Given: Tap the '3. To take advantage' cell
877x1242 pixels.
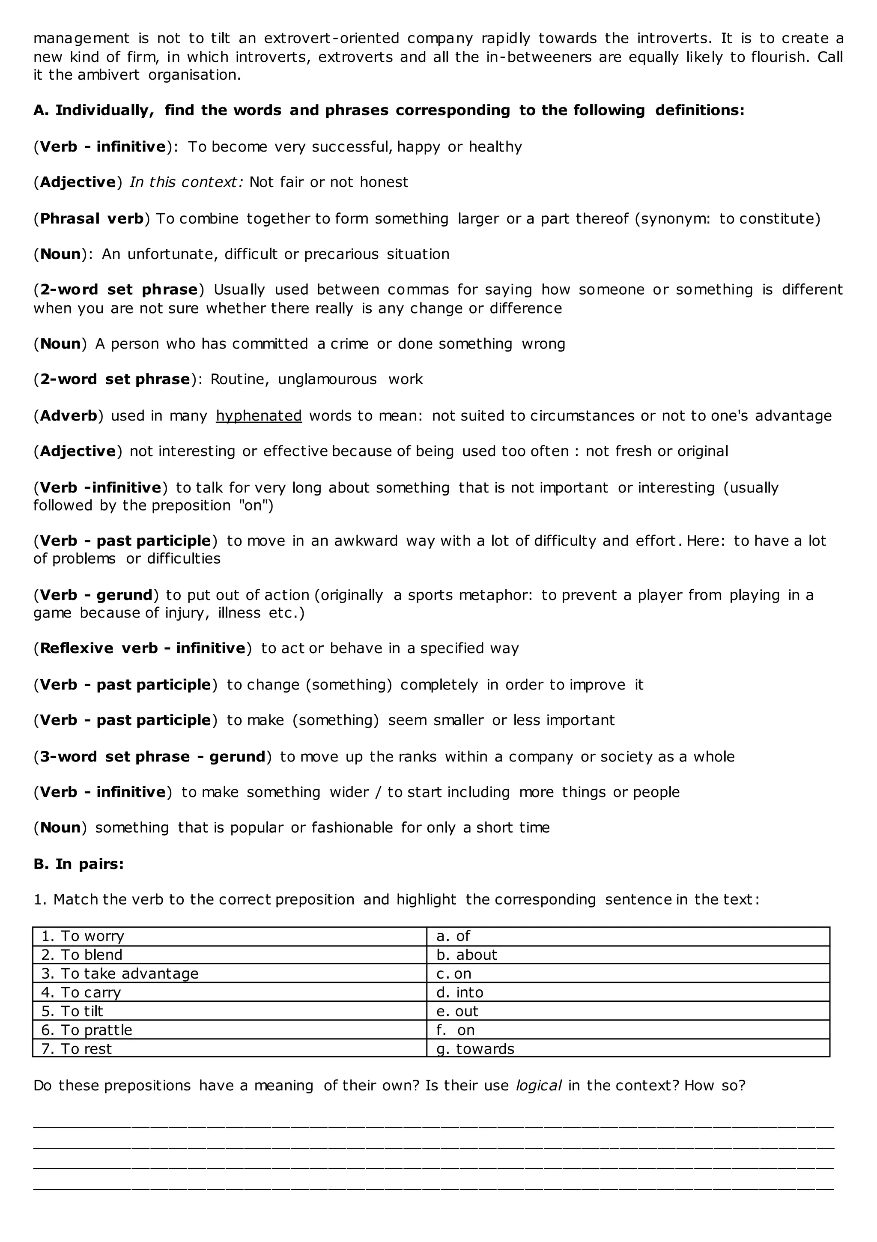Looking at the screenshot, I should click(119, 974).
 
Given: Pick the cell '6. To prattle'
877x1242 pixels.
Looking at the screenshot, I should click(87, 1030).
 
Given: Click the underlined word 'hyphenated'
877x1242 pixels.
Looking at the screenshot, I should click(259, 416).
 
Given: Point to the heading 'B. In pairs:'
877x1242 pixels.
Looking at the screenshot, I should click(78, 864).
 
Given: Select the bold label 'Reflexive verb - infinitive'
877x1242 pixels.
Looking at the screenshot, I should click(142, 648).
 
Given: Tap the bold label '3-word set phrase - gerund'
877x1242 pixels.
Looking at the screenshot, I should click(152, 756).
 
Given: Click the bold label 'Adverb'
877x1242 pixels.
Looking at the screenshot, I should click(68, 416).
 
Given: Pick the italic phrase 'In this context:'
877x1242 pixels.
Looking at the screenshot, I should click(187, 182).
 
